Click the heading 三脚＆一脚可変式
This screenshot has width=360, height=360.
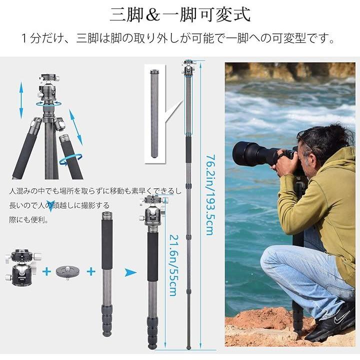pos(180,15)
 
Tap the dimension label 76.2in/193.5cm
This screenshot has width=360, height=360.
pos(210,194)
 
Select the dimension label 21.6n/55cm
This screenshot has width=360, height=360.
pos(173,265)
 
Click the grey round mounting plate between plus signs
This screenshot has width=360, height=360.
pos(67,272)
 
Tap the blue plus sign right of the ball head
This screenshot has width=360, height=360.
pos(46,271)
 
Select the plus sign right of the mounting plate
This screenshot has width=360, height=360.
pos(91,271)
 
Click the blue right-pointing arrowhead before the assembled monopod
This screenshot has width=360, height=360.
pos(130,272)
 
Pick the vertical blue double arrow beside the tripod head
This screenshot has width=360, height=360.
pos(21,100)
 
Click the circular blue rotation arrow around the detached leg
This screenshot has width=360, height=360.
pos(70,159)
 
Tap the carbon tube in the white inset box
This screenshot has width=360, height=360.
pos(154,114)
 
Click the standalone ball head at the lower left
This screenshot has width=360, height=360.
pos(23,267)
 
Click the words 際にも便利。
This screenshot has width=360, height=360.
pos(29,220)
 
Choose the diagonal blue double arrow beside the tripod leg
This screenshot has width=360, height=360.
pos(75,127)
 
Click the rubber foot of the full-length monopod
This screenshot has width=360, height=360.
pos(188,346)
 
